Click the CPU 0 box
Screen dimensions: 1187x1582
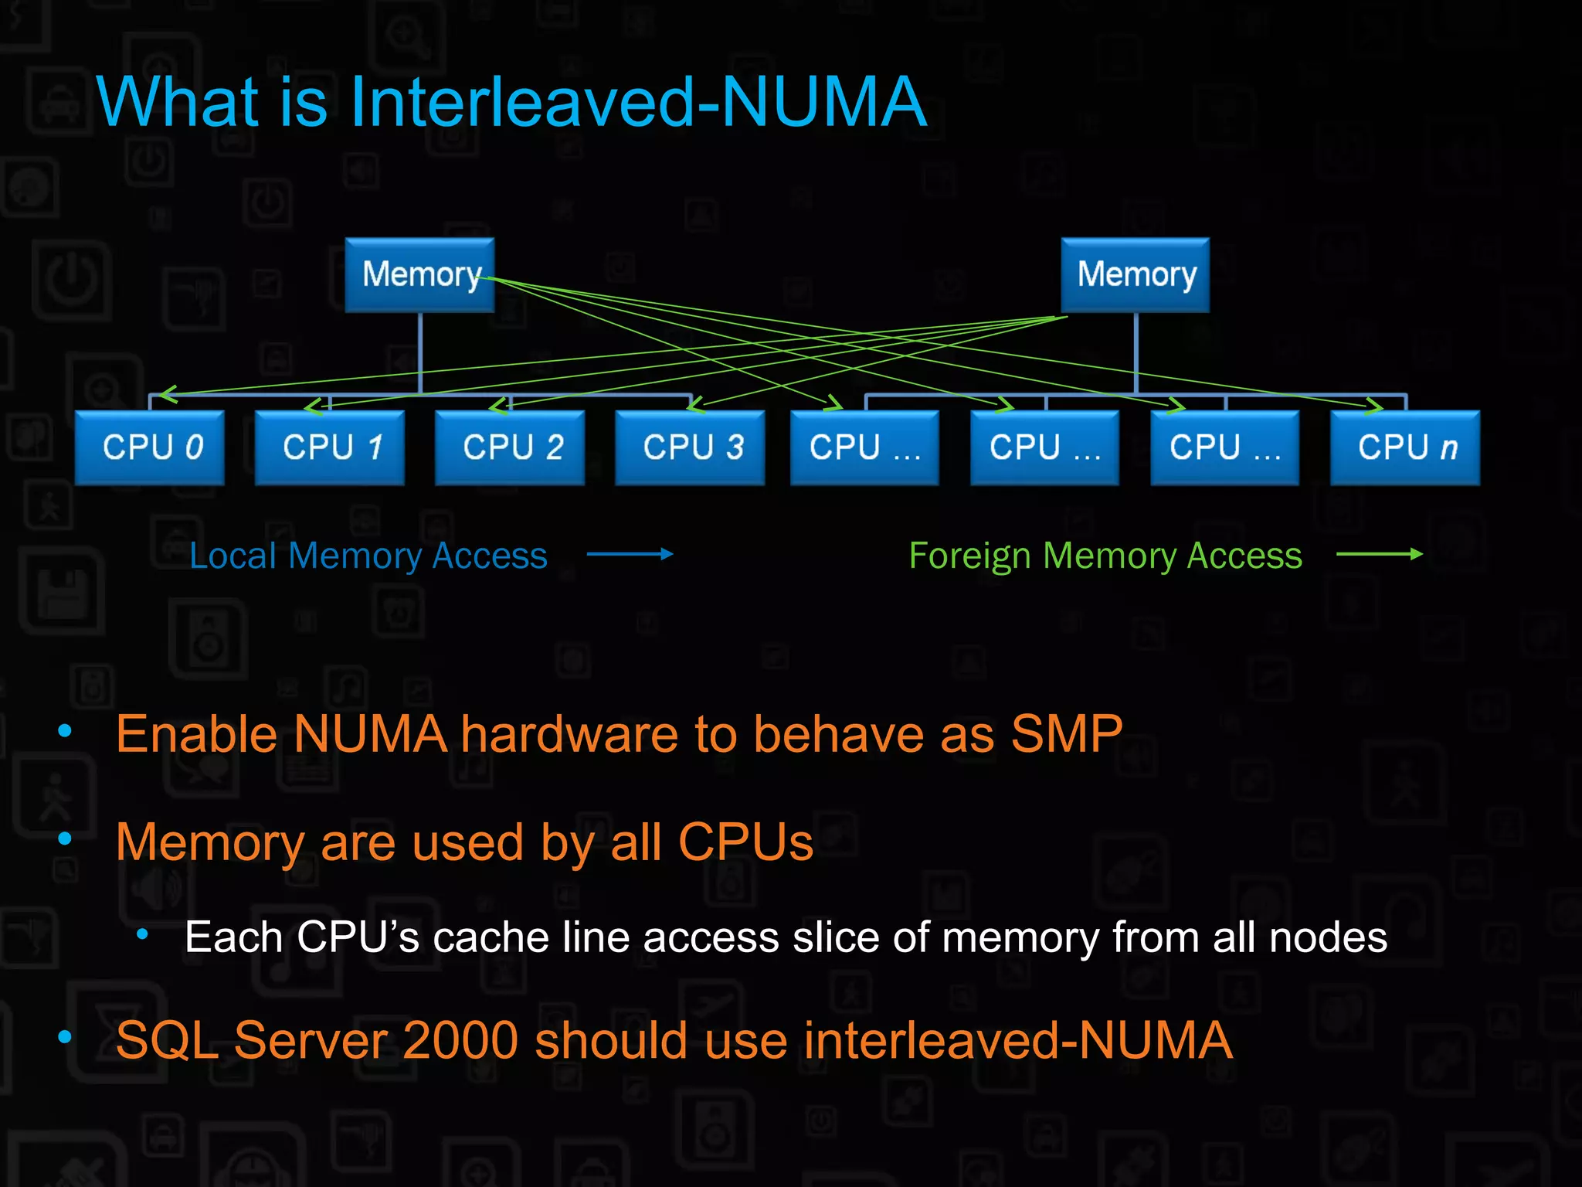[150, 447]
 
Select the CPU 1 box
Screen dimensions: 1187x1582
[330, 447]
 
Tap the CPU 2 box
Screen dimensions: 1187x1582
[510, 447]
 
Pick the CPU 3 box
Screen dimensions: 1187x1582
[690, 447]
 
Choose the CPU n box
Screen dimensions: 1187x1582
[1405, 447]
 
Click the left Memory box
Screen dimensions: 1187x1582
[419, 274]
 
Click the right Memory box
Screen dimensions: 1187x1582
[1136, 274]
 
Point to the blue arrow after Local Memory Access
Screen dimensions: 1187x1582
[630, 553]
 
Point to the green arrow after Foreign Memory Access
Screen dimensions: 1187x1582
[1379, 553]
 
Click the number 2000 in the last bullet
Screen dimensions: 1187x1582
[460, 1039]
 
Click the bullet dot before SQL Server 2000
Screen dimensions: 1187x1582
[65, 1036]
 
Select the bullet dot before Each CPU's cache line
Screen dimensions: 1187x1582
[142, 935]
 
